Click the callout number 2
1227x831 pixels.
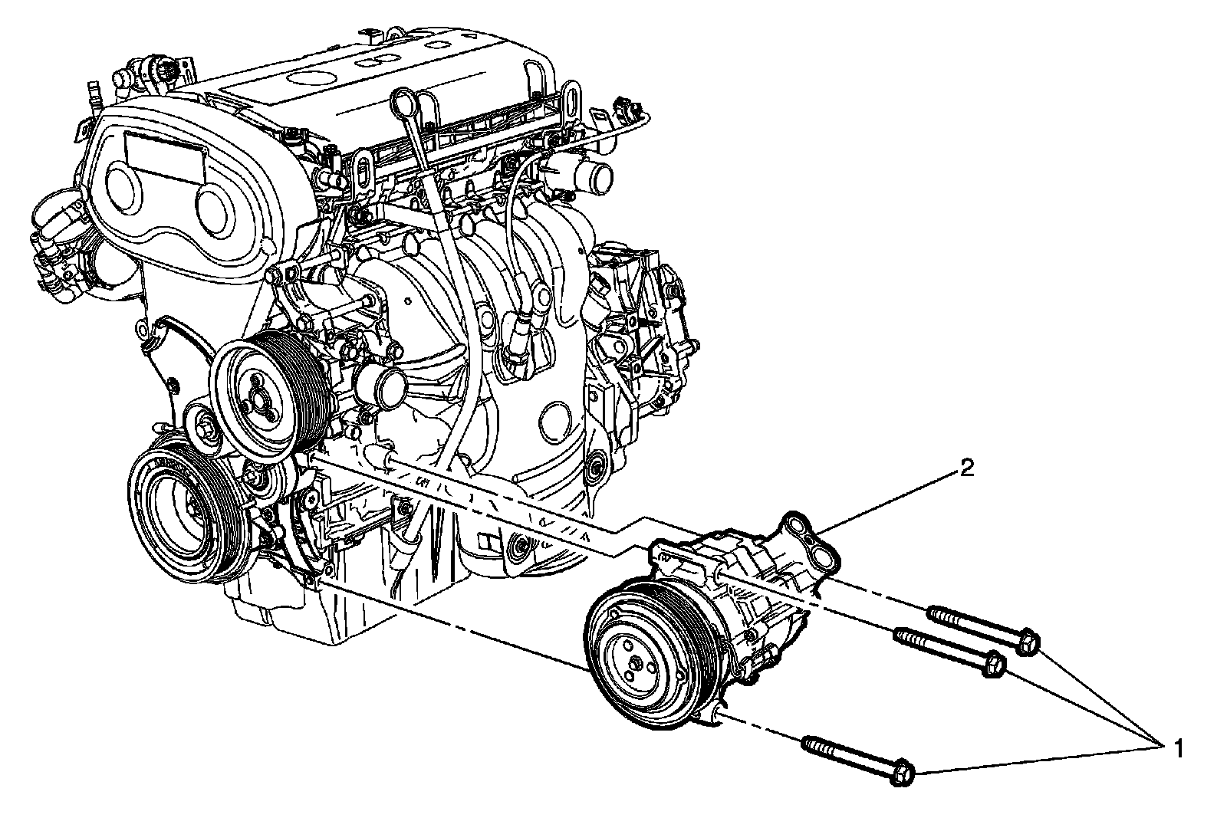pyautogui.click(x=967, y=468)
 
